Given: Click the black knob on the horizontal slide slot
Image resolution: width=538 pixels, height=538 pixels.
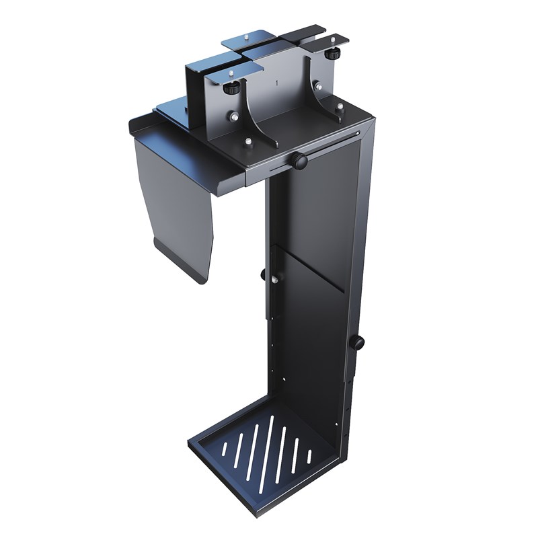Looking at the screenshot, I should tap(299, 161).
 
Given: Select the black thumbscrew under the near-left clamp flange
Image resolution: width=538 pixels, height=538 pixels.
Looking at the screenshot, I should tap(232, 89).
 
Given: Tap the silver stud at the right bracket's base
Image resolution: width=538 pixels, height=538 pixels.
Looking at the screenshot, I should tap(340, 106).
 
